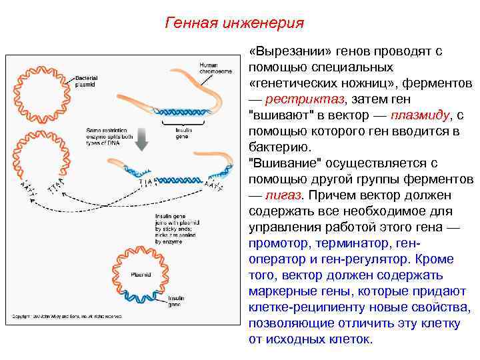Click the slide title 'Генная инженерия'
click(233, 23)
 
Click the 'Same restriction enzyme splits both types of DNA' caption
click(109, 135)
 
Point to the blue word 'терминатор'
click(351, 243)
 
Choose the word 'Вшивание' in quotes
click(279, 163)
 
